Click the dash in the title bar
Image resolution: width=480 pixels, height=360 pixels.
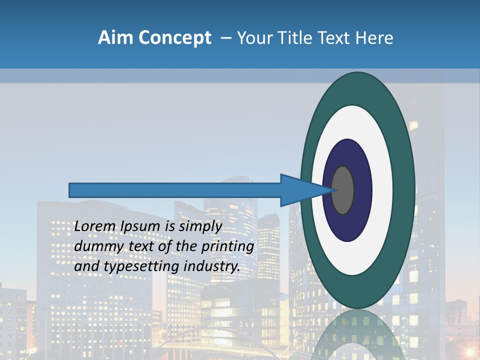pos(226,38)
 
